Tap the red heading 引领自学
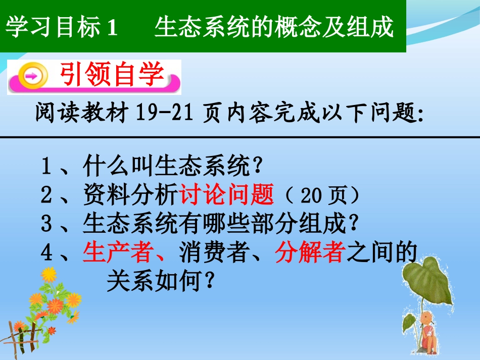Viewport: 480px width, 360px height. (112, 76)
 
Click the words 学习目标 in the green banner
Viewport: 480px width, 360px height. (53, 27)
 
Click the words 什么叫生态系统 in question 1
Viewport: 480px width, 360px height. (166, 166)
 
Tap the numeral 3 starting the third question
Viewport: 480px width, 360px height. (46, 224)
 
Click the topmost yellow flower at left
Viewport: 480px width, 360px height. (49, 274)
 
